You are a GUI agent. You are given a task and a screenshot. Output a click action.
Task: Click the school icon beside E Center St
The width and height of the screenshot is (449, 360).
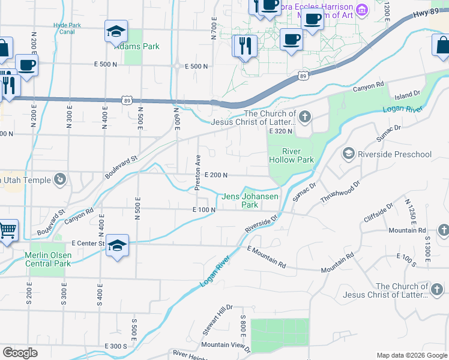[x=118, y=245]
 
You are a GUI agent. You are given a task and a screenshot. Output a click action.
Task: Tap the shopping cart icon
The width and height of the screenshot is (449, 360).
[x=7, y=230]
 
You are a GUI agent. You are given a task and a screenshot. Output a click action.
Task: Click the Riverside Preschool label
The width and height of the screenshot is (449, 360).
[x=394, y=154]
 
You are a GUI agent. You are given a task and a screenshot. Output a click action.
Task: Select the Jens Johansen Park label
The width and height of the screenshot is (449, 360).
[x=250, y=200]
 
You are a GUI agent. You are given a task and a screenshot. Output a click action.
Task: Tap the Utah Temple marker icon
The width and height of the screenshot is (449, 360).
[x=59, y=179]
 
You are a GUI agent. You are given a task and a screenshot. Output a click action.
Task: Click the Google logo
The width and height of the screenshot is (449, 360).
[x=20, y=353]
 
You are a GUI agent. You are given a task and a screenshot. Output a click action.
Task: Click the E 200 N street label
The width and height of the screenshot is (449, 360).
[x=215, y=175]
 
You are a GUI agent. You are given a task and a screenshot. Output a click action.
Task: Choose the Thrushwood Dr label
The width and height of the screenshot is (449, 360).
[x=339, y=191]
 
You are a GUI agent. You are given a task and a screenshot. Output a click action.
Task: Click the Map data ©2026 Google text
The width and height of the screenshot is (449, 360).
[x=411, y=355]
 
